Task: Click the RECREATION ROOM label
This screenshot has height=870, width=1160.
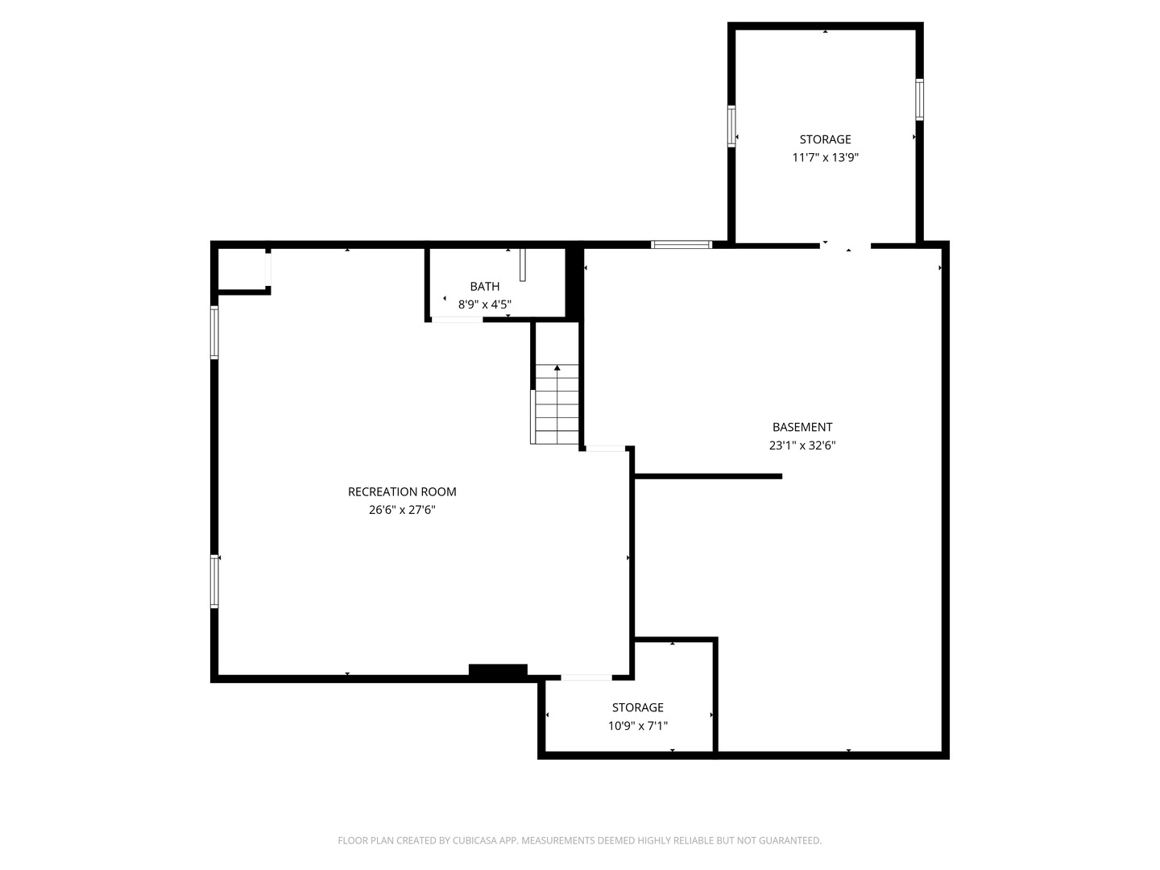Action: pos(402,491)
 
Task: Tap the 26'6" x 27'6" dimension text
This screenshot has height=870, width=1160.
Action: pos(402,510)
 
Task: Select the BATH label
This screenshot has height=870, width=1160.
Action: pos(485,286)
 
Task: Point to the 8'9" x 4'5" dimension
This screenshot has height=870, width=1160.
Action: pos(485,304)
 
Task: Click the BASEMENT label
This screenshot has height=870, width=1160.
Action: pos(802,427)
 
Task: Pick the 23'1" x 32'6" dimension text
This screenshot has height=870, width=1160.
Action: pos(802,445)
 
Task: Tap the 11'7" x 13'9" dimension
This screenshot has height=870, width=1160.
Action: pos(825,157)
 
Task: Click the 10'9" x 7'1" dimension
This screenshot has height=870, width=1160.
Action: pos(638,726)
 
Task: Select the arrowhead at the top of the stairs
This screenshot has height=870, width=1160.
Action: pos(557,367)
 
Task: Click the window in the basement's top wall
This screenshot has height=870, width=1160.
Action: pos(681,245)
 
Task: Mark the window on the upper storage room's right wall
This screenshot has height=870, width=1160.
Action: pos(920,100)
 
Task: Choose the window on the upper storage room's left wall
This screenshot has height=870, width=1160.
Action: pos(731,126)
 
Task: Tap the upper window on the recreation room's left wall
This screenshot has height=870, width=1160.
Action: pos(214,333)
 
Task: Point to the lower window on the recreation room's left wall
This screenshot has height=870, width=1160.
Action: pos(214,581)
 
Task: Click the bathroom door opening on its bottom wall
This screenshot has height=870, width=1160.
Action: pos(457,320)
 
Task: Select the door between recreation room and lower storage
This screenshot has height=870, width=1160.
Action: pos(586,677)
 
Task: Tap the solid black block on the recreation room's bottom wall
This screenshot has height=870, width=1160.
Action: pos(498,669)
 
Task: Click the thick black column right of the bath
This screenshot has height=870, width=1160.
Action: pos(574,283)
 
